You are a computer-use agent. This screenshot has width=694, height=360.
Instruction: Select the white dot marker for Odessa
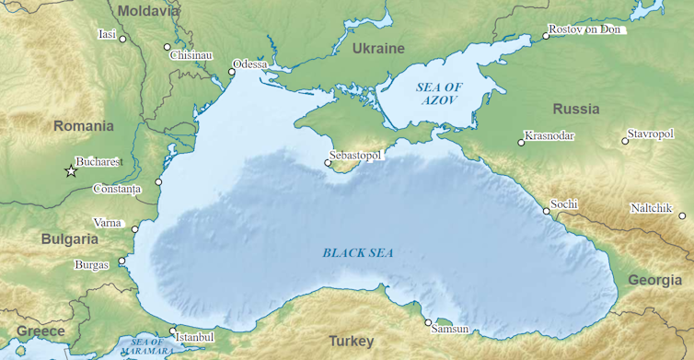(x=231, y=72)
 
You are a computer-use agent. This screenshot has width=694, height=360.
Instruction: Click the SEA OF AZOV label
(x=439, y=92)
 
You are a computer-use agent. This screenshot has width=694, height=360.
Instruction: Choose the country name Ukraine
(x=377, y=48)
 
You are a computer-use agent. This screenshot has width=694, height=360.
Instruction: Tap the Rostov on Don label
(x=585, y=30)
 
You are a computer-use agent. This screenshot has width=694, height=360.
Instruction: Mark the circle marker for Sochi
(x=547, y=211)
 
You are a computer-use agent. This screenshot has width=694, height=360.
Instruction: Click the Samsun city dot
(x=428, y=322)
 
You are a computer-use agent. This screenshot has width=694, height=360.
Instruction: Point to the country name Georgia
(x=654, y=280)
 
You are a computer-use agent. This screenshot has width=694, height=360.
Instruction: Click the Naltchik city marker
(x=682, y=216)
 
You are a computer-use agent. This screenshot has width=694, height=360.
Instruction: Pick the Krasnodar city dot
(x=521, y=143)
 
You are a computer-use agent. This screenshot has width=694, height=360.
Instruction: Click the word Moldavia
(x=149, y=11)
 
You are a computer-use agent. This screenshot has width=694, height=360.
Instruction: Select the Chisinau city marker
(x=167, y=47)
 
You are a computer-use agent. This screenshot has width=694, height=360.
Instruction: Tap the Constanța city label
(x=117, y=190)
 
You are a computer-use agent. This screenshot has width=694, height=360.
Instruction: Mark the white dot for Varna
(x=135, y=229)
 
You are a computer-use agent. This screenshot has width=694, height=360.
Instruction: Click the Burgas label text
(x=91, y=265)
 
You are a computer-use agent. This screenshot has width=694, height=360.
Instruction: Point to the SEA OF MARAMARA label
(x=146, y=346)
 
